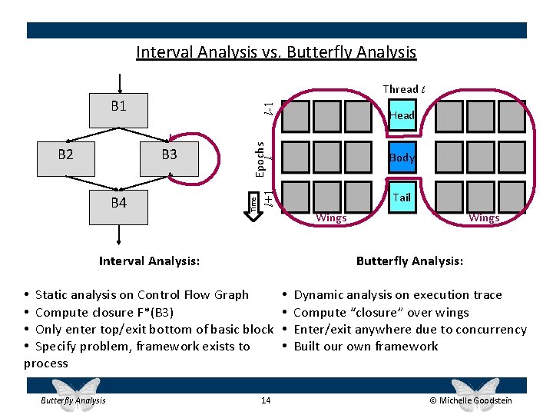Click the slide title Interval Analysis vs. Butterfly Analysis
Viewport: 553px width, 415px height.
tap(276, 52)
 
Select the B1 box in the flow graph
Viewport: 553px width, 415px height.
tap(118, 110)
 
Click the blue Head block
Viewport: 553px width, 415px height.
tap(402, 115)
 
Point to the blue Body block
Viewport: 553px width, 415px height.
tap(402, 158)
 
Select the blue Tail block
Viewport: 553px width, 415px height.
tap(402, 198)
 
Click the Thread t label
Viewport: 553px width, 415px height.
tap(404, 89)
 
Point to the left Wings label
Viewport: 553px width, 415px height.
tap(332, 218)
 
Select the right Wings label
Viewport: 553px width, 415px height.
tap(484, 218)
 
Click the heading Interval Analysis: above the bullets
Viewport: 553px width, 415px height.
tap(149, 261)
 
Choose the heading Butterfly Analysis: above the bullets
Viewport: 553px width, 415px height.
tap(409, 261)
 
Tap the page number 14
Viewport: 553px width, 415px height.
tap(266, 400)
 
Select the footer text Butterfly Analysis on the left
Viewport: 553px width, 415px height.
tap(74, 400)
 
